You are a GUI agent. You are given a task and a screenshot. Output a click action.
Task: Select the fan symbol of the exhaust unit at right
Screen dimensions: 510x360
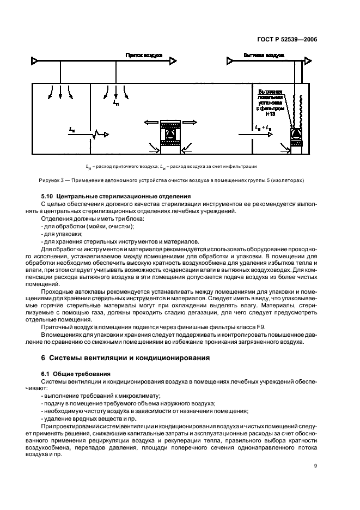(x=297, y=133)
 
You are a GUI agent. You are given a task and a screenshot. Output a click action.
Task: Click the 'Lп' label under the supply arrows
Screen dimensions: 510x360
(x=115, y=102)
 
